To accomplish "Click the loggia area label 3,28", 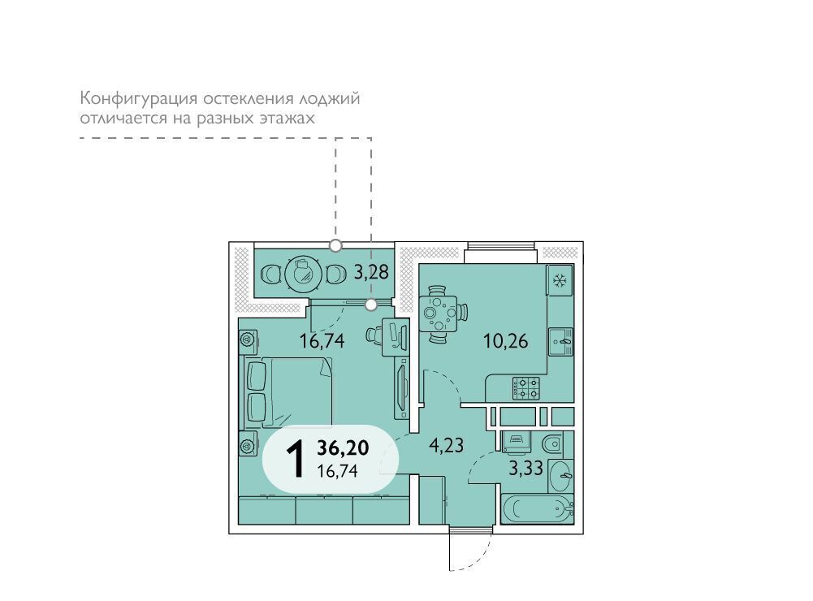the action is (x=371, y=271).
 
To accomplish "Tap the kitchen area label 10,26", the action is (x=505, y=341).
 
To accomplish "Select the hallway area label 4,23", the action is (x=446, y=445).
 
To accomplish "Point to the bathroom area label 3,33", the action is (x=525, y=469).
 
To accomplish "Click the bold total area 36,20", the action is (x=343, y=447).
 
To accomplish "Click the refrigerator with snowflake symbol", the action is (x=560, y=280).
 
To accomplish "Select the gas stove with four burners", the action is (x=526, y=388).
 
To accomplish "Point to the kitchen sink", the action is (x=561, y=342).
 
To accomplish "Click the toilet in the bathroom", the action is (x=551, y=444).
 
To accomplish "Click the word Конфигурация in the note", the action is (x=138, y=98).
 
